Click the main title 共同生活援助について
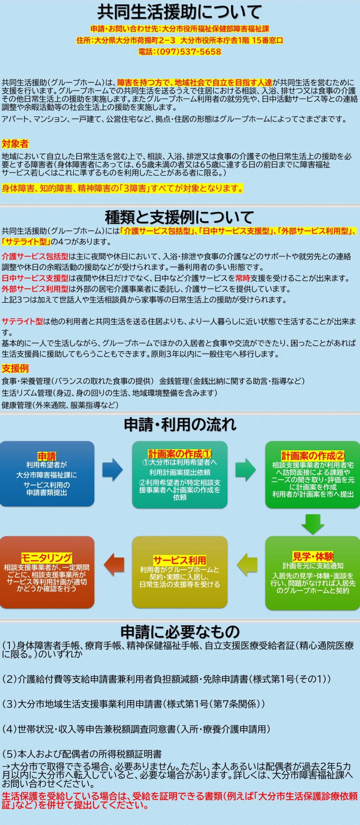180,12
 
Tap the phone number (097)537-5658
180,52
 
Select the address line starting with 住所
180,40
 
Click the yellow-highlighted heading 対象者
15,144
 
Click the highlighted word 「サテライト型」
26,242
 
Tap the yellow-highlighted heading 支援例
15,368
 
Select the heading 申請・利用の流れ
180,424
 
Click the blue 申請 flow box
47,474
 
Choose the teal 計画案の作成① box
180,474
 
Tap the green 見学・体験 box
312,573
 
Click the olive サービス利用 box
180,572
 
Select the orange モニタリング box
47,572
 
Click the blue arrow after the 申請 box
112,470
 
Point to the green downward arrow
313,524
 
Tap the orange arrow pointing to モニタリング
114,565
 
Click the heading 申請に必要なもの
180,632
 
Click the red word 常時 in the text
242,278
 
